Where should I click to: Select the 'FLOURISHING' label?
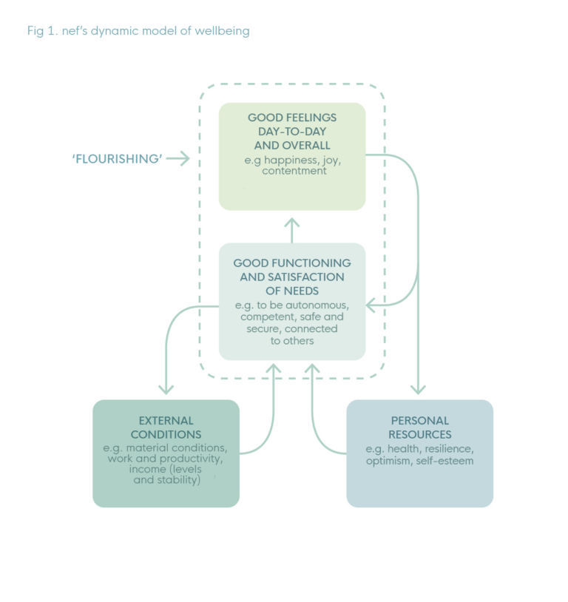tap(117, 158)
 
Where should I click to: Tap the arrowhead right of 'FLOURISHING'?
tap(185, 158)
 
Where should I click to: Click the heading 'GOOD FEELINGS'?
tap(292, 118)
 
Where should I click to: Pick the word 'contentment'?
tap(294, 171)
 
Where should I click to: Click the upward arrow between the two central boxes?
tap(292, 223)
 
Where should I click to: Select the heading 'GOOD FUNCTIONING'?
tap(292, 263)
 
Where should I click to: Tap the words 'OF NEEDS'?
tap(292, 291)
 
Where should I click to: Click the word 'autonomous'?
tap(320, 305)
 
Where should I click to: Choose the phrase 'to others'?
tap(292, 340)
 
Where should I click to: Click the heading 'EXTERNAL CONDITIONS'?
tap(166, 427)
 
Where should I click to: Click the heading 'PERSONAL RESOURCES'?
tap(419, 427)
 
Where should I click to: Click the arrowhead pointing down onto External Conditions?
tap(166, 389)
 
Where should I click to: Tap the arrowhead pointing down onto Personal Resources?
tap(419, 389)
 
